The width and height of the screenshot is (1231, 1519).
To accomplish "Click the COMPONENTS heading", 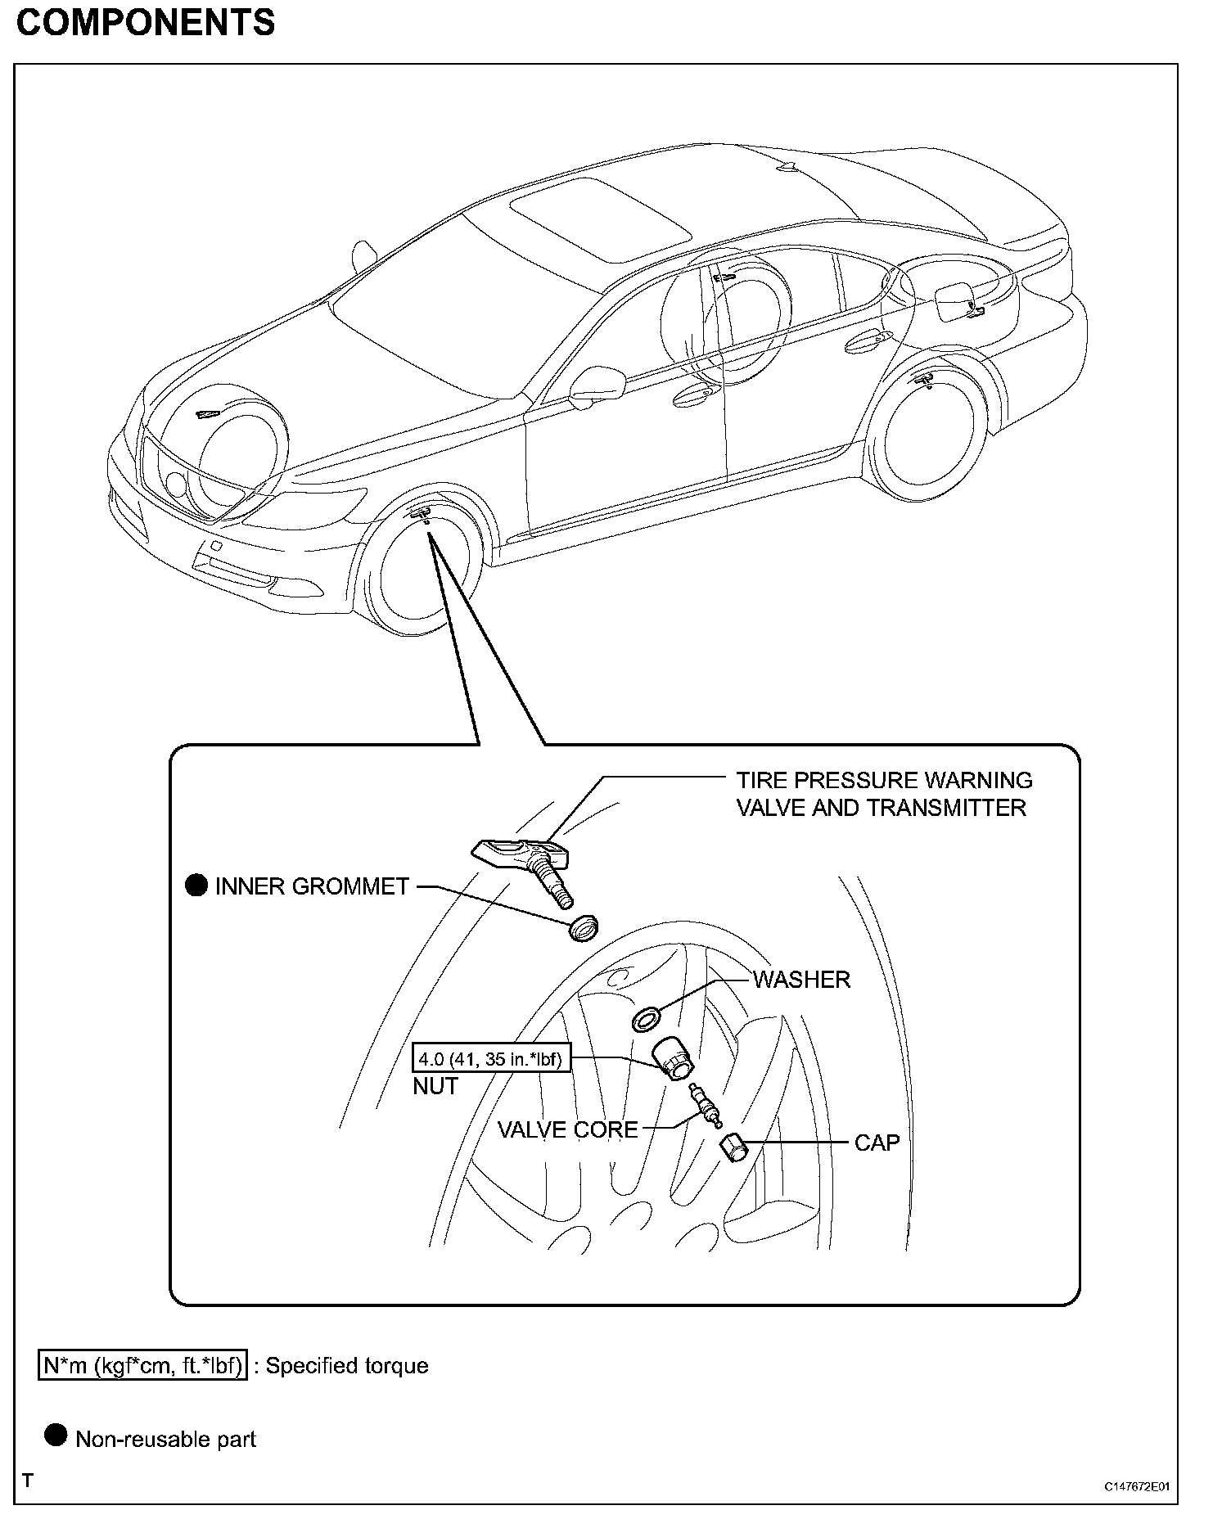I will (146, 22).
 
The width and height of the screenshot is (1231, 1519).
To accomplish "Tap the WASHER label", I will (801, 980).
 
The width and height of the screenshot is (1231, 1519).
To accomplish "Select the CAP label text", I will (877, 1143).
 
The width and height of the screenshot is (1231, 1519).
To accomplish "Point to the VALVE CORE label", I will (567, 1130).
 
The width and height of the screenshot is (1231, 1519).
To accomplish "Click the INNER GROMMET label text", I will (311, 886).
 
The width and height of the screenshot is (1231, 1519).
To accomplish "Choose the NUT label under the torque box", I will (435, 1086).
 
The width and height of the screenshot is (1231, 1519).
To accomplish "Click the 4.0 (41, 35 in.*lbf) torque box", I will (491, 1059).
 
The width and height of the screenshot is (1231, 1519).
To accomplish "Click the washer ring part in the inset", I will (647, 1021).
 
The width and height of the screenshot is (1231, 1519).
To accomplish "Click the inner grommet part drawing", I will (584, 930).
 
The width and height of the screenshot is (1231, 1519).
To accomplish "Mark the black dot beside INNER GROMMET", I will (196, 886).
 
